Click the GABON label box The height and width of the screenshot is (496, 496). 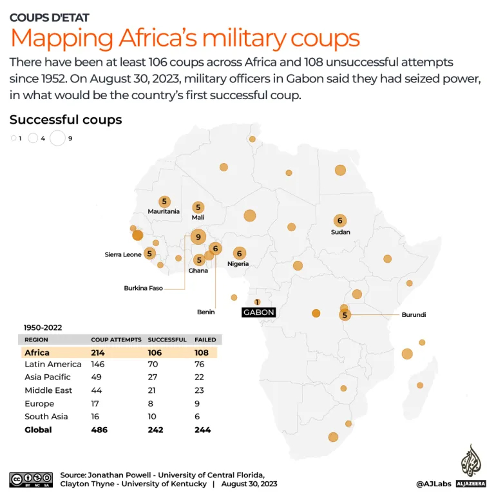click(x=258, y=312)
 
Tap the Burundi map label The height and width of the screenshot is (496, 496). click(x=414, y=315)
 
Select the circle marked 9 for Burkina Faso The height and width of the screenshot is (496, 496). click(x=198, y=237)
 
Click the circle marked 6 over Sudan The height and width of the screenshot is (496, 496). click(x=339, y=220)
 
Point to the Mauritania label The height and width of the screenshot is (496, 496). click(x=164, y=211)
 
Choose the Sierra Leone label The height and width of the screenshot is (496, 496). click(x=122, y=254)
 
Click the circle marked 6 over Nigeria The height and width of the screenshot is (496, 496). click(x=240, y=253)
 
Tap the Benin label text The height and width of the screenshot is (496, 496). click(x=205, y=312)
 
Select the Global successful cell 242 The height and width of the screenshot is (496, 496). click(x=155, y=430)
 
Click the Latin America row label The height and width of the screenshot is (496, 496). click(x=53, y=365)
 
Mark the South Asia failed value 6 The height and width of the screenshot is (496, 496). click(x=197, y=417)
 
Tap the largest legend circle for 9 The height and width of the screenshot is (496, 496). click(x=57, y=138)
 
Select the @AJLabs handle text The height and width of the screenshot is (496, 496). click(x=434, y=483)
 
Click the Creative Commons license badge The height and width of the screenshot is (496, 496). click(x=30, y=480)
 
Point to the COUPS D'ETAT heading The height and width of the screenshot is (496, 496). click(x=50, y=17)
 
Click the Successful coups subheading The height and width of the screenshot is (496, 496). click(x=66, y=120)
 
